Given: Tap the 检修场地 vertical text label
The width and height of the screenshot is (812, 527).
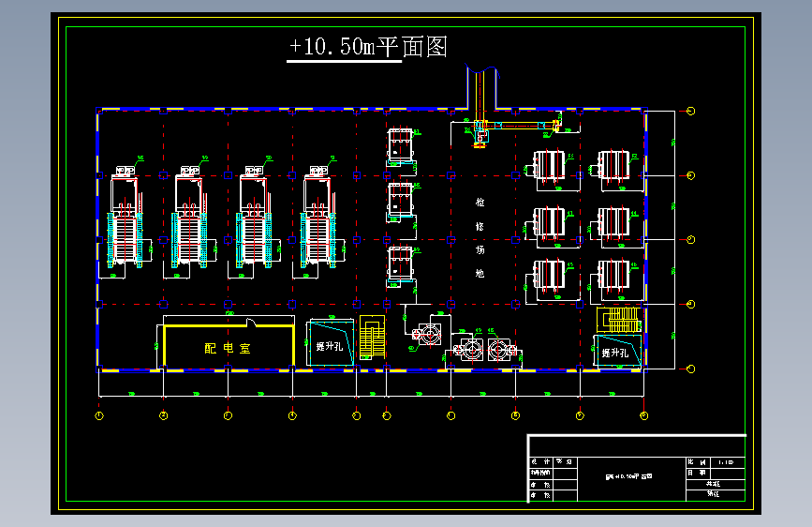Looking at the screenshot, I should (480, 238).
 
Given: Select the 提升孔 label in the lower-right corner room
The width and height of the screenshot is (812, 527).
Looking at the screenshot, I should (615, 353).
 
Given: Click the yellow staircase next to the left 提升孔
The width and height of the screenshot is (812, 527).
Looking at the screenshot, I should (372, 337).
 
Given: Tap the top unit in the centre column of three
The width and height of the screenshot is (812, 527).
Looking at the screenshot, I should (401, 146).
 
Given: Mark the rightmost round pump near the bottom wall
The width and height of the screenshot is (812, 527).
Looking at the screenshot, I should (500, 350).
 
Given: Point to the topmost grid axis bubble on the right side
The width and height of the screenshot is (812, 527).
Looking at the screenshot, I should (691, 111).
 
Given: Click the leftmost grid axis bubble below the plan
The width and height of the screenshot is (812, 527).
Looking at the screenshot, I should (99, 414).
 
